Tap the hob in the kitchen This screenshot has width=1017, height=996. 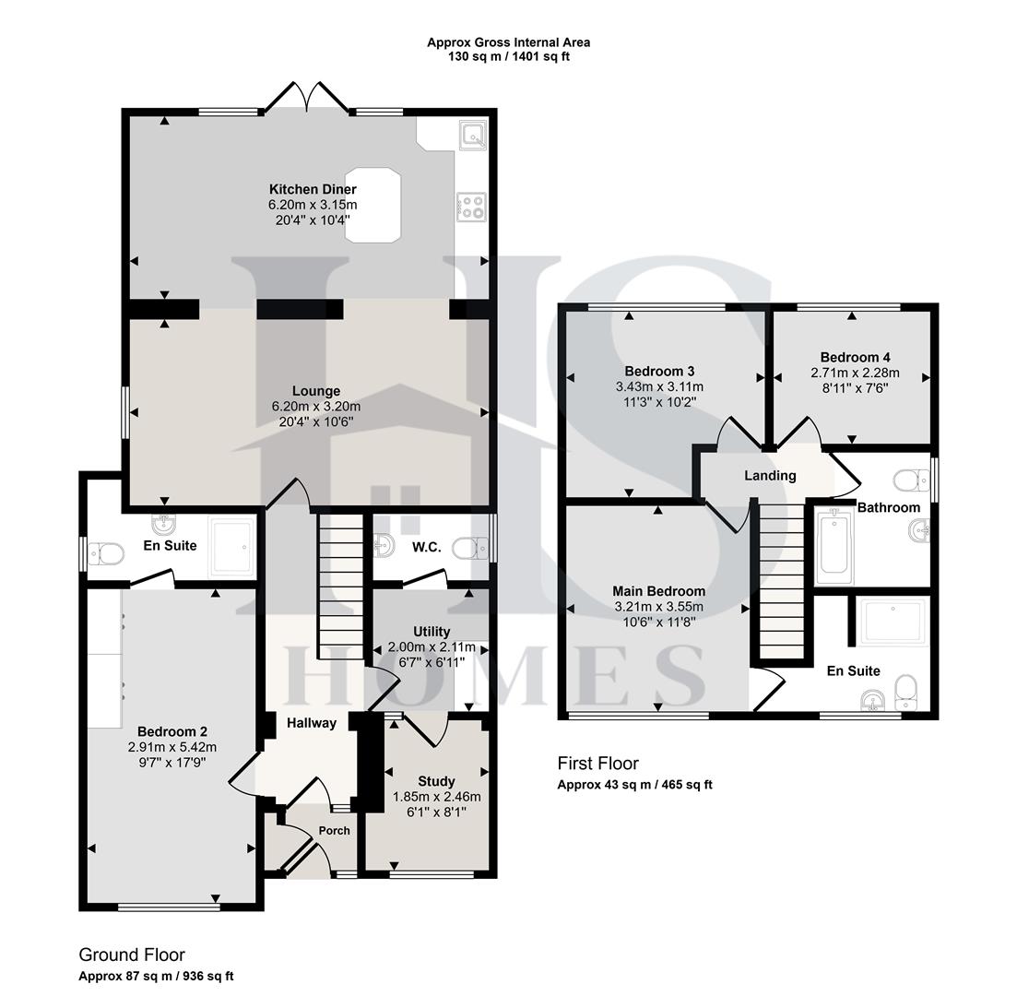point(471,207)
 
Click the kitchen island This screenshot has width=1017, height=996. point(373,205)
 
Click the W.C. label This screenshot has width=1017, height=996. point(427,547)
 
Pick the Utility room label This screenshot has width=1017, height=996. point(432,632)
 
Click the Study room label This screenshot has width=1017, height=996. point(436,782)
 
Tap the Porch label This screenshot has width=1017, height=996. point(334,830)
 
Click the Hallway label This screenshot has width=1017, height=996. point(311,723)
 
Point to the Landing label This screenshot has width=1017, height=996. point(770,476)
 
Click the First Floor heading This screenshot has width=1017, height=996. point(597,763)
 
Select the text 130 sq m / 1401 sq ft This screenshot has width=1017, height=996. point(508,56)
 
